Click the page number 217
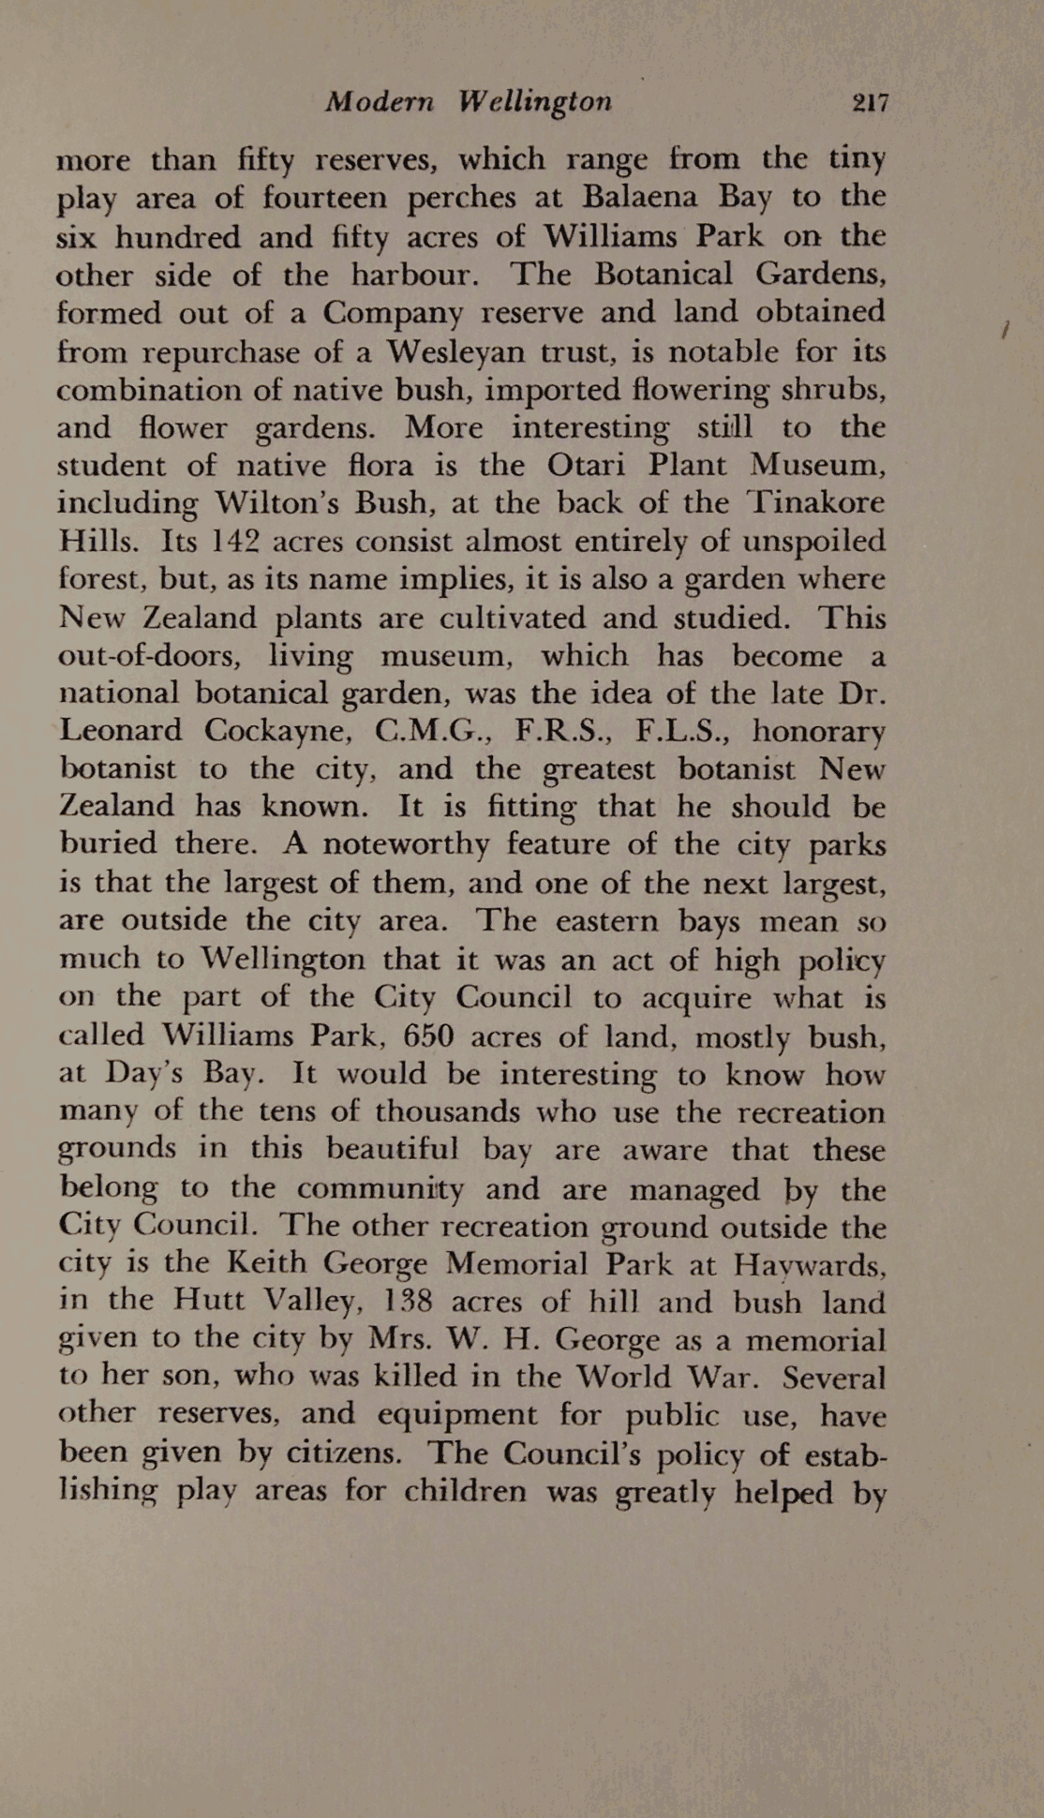[x=870, y=103]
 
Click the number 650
[x=428, y=1036]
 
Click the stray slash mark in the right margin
[x=1004, y=330]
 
